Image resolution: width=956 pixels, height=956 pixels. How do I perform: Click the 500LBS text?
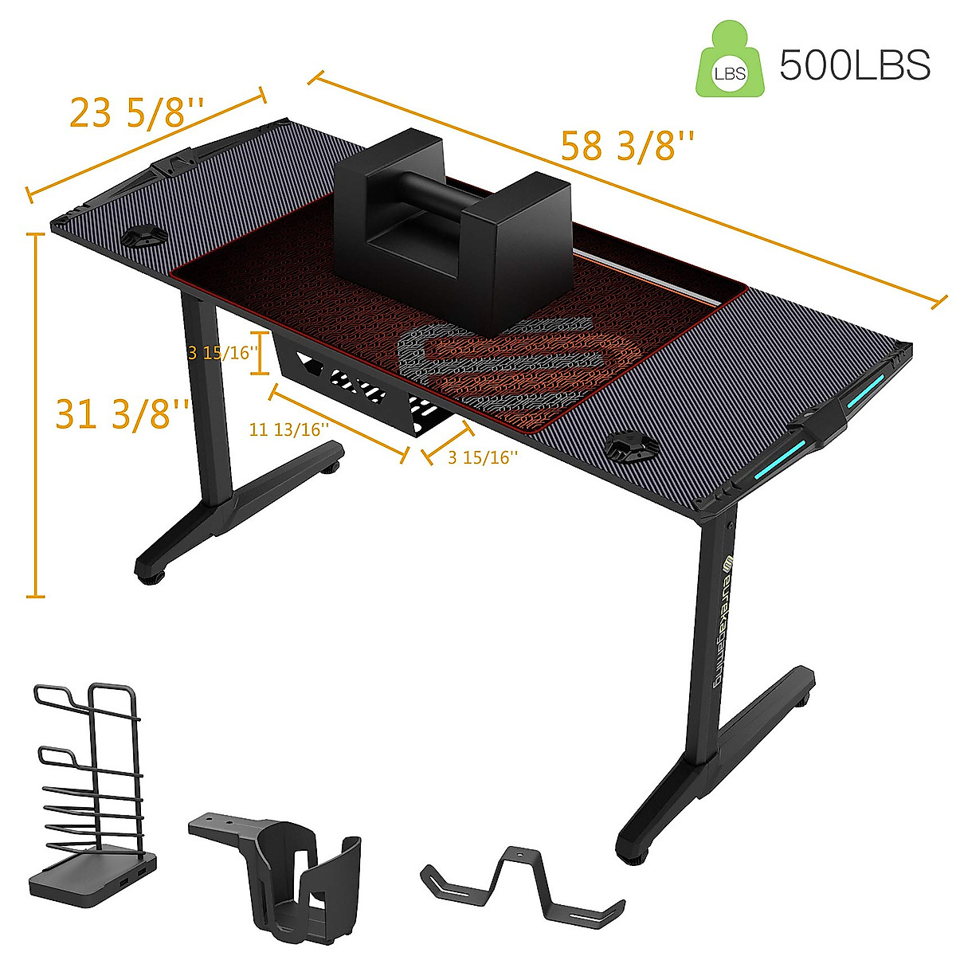(854, 65)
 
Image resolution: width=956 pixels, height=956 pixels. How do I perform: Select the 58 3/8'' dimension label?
(628, 147)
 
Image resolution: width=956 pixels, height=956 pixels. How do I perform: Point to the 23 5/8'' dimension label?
(137, 112)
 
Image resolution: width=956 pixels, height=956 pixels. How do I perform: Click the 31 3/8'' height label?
(122, 414)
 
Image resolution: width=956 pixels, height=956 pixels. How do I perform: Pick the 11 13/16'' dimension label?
(288, 430)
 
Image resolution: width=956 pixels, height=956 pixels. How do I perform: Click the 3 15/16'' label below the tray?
(483, 457)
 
